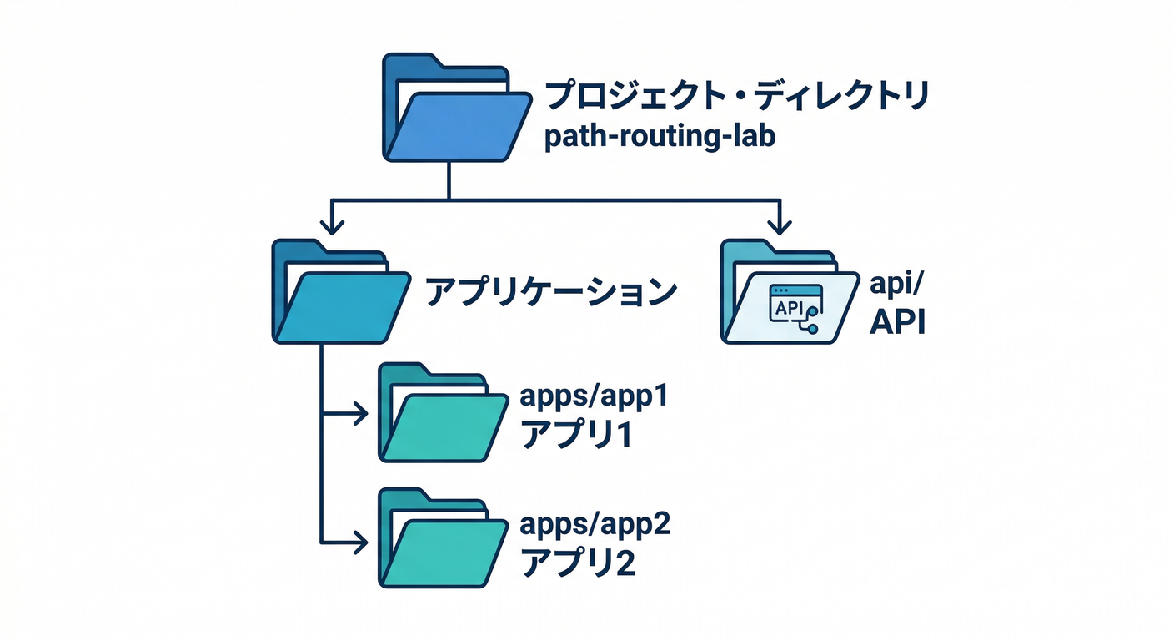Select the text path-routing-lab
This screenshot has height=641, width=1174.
tap(659, 137)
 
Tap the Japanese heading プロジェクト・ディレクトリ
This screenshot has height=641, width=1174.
tap(735, 97)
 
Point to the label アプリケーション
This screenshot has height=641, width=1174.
tap(551, 291)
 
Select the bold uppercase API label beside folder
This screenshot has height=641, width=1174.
tap(898, 322)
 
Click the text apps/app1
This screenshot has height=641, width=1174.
tap(595, 396)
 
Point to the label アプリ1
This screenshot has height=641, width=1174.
tap(576, 435)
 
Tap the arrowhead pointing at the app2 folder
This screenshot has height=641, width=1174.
tap(360, 541)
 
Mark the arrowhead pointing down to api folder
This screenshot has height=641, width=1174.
tap(780, 225)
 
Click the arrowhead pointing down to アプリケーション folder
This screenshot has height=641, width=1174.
tap(333, 225)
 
